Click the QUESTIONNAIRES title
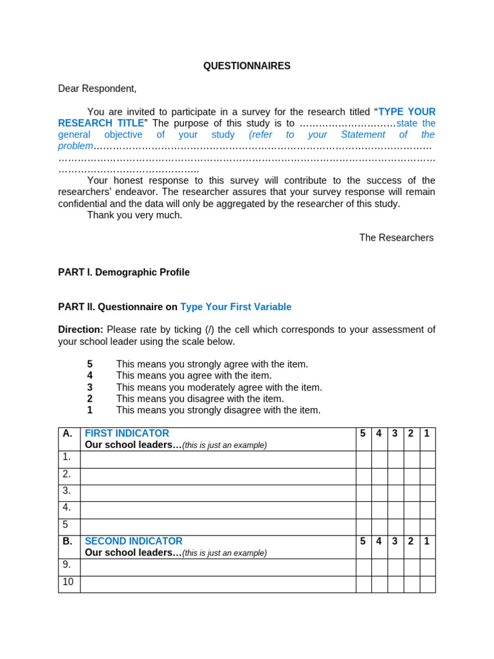point(247,66)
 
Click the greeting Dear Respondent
point(97,88)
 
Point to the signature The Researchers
point(396,237)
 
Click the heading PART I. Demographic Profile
point(123,272)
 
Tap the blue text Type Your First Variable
point(235,307)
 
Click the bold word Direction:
point(80,329)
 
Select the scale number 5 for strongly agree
point(90,364)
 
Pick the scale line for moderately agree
point(219,387)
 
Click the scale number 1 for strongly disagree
point(90,410)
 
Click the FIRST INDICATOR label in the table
point(127,433)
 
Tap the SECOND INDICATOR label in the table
point(133,541)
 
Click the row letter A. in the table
point(68,433)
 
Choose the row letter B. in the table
point(68,541)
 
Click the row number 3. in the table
point(67,490)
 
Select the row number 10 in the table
point(68,582)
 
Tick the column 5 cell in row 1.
point(363,459)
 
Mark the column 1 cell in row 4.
point(428,510)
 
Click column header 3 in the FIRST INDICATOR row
point(395,433)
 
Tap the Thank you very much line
point(134,215)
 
